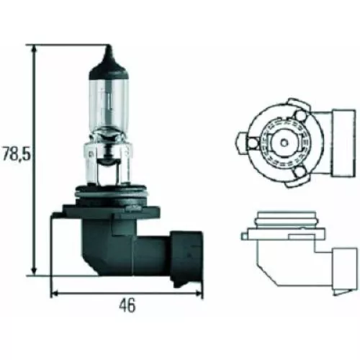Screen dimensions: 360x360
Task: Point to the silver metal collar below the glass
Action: coord(107,162)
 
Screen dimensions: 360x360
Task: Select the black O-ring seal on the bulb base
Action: coord(108,193)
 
